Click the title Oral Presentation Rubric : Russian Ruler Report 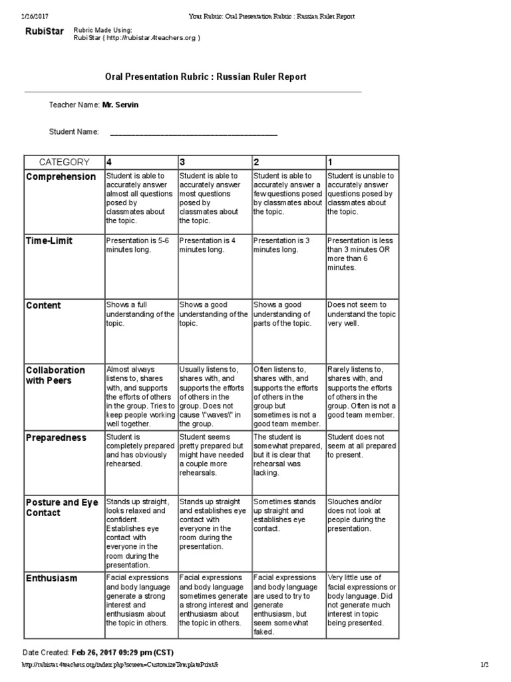click(206, 77)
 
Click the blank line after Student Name click(193, 133)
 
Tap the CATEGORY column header click(64, 162)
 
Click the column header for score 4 click(109, 162)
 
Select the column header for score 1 click(330, 162)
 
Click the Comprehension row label click(61, 176)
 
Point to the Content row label click(43, 306)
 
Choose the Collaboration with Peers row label click(55, 375)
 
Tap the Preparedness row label click(56, 438)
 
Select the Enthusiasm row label click(52, 579)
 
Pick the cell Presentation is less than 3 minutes click(361, 254)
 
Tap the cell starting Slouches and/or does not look click(361, 515)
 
